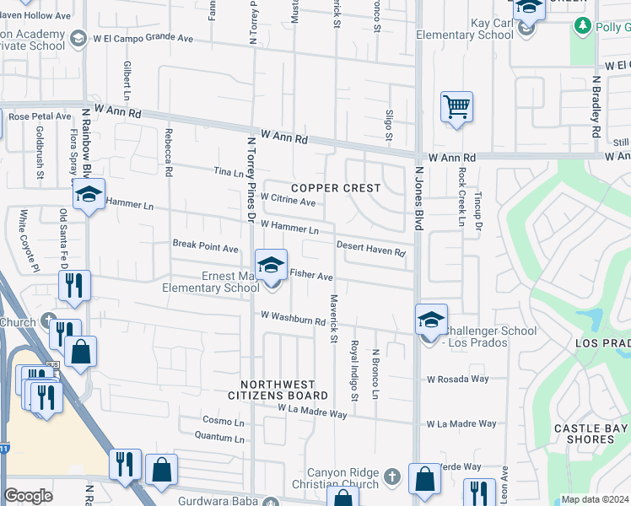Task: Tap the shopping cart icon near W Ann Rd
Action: click(x=456, y=107)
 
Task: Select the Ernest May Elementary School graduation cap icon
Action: click(x=272, y=265)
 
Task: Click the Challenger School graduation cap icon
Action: click(x=431, y=320)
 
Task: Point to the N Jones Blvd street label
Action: click(x=418, y=198)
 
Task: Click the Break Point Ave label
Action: click(x=206, y=246)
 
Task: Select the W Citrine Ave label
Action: click(x=288, y=201)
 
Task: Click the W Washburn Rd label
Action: click(x=293, y=318)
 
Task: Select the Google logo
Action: click(x=29, y=496)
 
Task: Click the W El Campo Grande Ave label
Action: click(x=144, y=38)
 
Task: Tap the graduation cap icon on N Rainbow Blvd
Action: click(x=88, y=194)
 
